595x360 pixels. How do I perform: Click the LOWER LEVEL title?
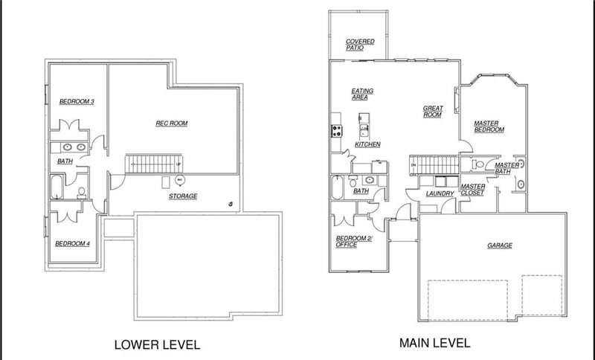[157, 344]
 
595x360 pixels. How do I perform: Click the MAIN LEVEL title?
[434, 343]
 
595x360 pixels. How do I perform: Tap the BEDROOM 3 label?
[77, 101]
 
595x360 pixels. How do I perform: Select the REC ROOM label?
[172, 123]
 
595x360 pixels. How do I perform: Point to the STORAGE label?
[183, 196]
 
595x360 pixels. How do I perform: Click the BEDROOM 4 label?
[72, 243]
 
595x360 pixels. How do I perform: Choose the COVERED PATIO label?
[360, 45]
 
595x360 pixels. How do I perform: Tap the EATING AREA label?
[362, 94]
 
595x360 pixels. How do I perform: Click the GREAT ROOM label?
[433, 112]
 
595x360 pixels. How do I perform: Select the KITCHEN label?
[367, 144]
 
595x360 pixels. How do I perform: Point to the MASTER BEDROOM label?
[489, 126]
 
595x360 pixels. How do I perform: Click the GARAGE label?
[500, 245]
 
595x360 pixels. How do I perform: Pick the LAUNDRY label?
[440, 193]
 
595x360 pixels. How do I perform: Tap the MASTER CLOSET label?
[473, 190]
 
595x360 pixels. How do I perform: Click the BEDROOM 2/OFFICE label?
[354, 242]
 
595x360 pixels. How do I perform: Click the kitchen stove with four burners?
[337, 131]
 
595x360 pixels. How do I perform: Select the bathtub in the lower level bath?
[57, 187]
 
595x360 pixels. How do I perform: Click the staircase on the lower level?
[154, 164]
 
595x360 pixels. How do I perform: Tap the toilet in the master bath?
[477, 164]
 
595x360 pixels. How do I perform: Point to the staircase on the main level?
[434, 165]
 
